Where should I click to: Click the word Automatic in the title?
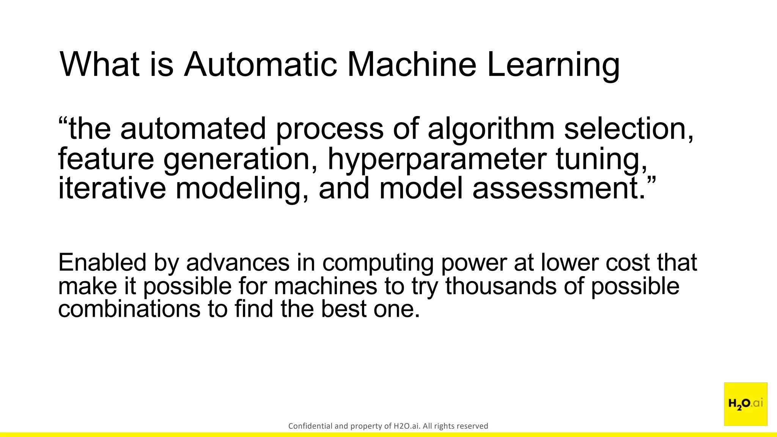(261, 64)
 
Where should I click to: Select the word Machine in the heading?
(412, 64)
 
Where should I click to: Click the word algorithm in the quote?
(491, 129)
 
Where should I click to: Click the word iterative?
(112, 189)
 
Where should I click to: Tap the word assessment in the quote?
(558, 189)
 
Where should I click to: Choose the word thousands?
(501, 286)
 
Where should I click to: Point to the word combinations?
(129, 309)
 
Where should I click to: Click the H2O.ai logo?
(746, 404)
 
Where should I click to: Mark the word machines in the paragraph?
(326, 286)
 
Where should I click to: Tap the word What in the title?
(100, 64)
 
